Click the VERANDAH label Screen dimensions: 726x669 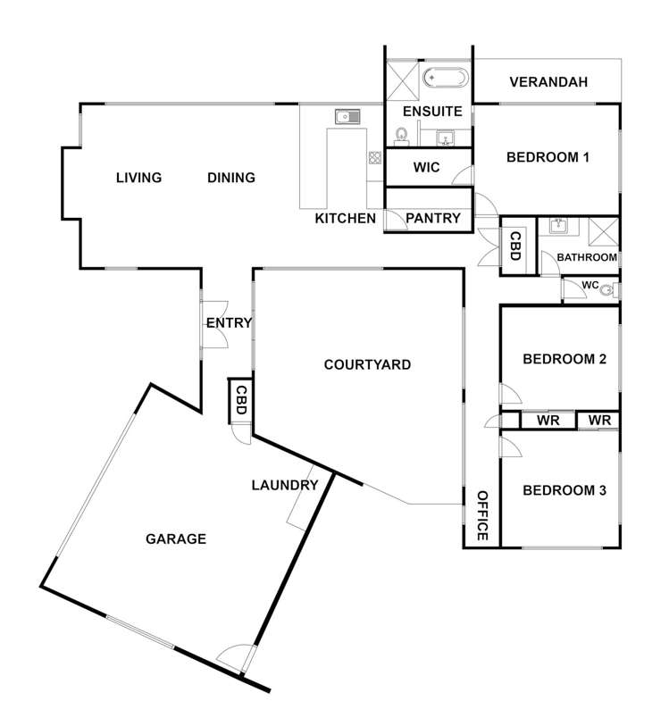pyautogui.click(x=548, y=83)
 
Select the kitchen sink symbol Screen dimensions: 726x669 pyautogui.click(x=347, y=116)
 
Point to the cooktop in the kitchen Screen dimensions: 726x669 pyautogui.click(x=374, y=158)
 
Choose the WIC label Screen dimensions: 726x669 pyautogui.click(x=427, y=167)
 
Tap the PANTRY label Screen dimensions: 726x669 pyautogui.click(x=433, y=218)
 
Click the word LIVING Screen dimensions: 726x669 pyautogui.click(x=138, y=178)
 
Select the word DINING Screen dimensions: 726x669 pyautogui.click(x=231, y=178)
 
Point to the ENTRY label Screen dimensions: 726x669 pyautogui.click(x=229, y=323)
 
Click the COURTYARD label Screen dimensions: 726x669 pyautogui.click(x=367, y=364)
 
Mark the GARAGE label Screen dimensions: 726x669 pyautogui.click(x=176, y=538)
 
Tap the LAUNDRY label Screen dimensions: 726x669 pyautogui.click(x=285, y=486)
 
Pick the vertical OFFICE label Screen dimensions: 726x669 pyautogui.click(x=481, y=516)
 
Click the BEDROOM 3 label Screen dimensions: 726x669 pyautogui.click(x=564, y=490)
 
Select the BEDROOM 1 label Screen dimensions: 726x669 pyautogui.click(x=548, y=158)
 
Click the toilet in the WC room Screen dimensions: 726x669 pyautogui.click(x=608, y=289)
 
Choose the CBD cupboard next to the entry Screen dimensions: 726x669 pyautogui.click(x=240, y=400)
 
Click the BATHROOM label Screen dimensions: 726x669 pyautogui.click(x=587, y=257)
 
